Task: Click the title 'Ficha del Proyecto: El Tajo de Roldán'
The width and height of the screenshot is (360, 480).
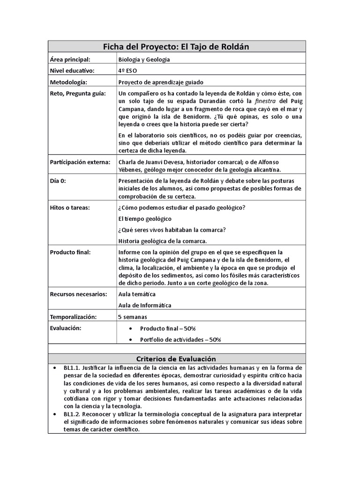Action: (177, 47)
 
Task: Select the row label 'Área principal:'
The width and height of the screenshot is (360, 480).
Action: (70, 60)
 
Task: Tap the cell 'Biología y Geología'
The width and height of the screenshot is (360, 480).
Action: (144, 60)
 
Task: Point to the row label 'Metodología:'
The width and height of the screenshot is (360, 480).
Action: (68, 82)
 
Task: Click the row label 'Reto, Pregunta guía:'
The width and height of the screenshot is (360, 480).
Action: (78, 94)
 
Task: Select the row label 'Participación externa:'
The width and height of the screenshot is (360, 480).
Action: (80, 162)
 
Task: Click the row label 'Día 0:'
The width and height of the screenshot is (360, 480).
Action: (59, 180)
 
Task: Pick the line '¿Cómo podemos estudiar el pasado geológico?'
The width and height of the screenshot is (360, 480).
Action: (182, 208)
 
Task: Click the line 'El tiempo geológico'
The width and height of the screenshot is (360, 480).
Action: (145, 219)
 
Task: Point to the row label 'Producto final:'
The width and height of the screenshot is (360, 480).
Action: (70, 252)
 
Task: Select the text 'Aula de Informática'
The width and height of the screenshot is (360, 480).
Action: (145, 305)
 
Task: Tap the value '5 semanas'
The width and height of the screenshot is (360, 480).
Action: (133, 317)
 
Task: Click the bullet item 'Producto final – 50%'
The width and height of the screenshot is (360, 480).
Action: (167, 329)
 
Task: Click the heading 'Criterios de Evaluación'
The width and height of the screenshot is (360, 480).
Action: (177, 359)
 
